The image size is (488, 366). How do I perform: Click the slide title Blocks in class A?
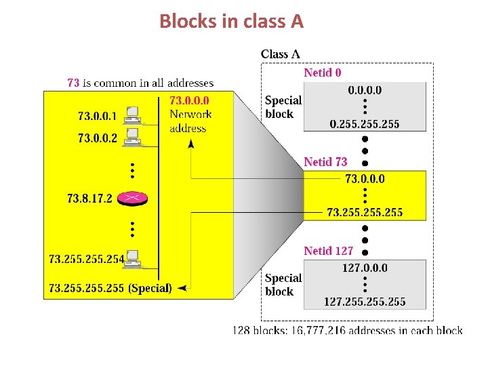click(x=232, y=22)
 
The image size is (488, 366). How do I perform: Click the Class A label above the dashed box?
click(x=280, y=54)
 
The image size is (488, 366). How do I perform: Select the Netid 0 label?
click(x=323, y=73)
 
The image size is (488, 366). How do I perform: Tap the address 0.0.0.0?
click(x=365, y=90)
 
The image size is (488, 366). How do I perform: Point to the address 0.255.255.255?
click(x=365, y=123)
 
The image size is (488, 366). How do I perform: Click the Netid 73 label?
click(x=325, y=162)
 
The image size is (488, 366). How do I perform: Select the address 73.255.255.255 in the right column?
click(x=365, y=212)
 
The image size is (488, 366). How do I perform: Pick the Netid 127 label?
click(x=328, y=251)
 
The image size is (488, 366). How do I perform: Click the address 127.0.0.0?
click(x=365, y=268)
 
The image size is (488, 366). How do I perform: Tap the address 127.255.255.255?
click(x=365, y=301)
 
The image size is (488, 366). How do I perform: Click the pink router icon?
click(x=132, y=198)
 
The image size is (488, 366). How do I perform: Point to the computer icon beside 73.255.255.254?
click(x=133, y=258)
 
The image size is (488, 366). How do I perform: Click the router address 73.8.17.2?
click(x=89, y=199)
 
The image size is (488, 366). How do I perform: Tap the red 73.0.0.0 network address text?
click(x=189, y=101)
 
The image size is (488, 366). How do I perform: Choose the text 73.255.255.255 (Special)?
click(x=110, y=288)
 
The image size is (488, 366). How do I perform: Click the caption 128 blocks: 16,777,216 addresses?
click(x=347, y=331)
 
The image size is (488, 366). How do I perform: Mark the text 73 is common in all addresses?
click(x=140, y=83)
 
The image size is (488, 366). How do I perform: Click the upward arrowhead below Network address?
click(x=190, y=144)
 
